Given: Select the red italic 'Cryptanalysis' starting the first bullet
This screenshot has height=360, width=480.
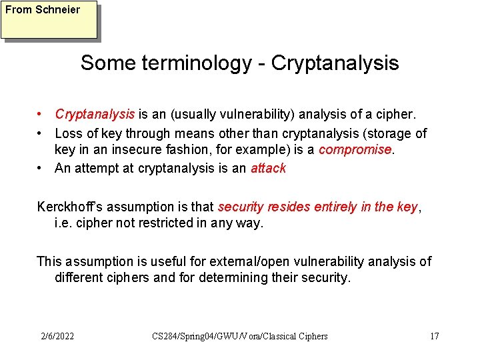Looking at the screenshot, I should click(x=95, y=115).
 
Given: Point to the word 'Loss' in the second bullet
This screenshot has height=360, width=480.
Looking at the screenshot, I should click(x=69, y=133).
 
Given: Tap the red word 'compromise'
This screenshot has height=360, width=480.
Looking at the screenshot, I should click(x=355, y=149).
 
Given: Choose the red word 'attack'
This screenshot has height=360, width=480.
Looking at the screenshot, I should click(x=268, y=168).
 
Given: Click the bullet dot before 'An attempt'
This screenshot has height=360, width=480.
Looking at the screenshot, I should click(x=41, y=168).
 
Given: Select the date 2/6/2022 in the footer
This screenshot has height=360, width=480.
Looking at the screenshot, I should click(x=57, y=336).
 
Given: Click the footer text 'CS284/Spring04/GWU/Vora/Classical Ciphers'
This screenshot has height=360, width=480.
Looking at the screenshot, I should click(x=240, y=336).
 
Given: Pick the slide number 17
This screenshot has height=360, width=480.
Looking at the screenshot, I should click(x=434, y=336).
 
